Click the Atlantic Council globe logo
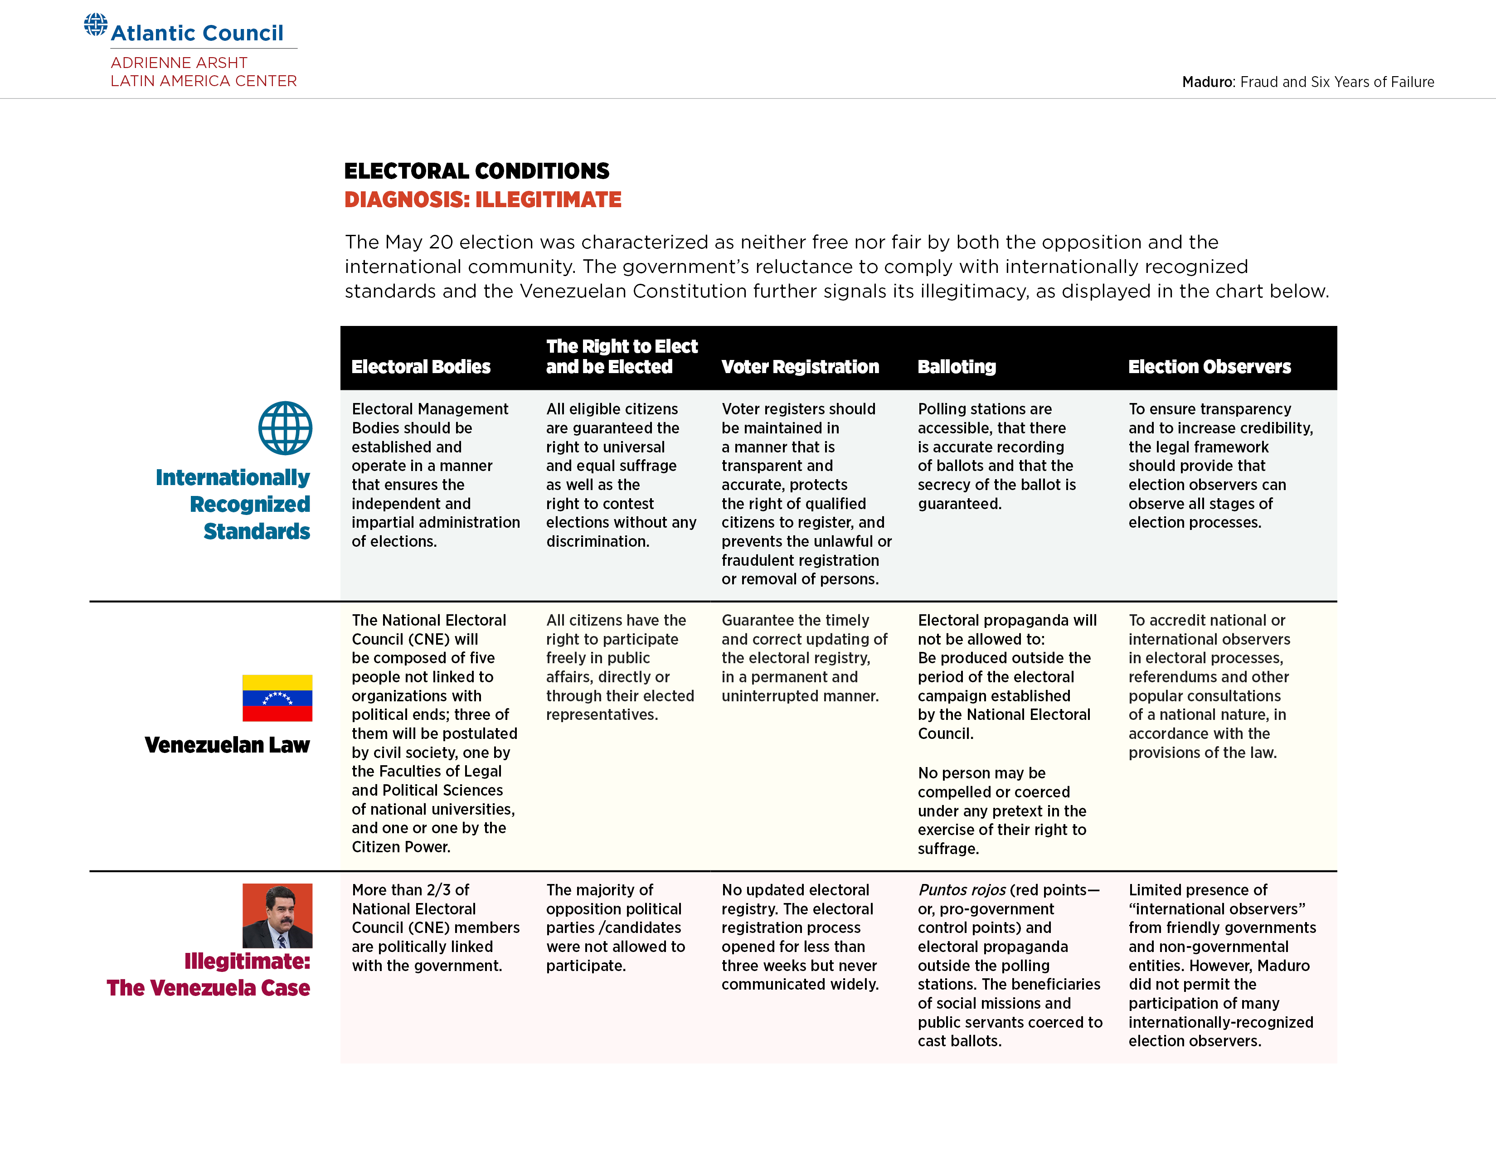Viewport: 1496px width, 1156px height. (95, 24)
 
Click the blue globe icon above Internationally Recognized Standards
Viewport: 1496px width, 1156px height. (285, 428)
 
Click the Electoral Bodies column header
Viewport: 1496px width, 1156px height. (421, 367)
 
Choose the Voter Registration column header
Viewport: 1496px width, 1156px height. (799, 367)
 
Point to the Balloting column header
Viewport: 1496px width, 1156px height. (956, 367)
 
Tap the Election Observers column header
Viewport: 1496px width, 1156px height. (1209, 367)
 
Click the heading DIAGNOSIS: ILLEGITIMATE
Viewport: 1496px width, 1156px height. (482, 200)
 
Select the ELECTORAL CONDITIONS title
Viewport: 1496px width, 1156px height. (476, 170)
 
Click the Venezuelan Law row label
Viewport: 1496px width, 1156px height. (227, 745)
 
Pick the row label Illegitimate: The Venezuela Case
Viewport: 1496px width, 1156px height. (209, 975)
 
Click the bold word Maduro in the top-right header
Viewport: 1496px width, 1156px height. (1207, 82)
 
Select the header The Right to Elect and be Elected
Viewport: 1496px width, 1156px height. (621, 356)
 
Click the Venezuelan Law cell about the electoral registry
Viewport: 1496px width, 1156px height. (803, 658)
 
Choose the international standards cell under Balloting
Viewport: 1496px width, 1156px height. (996, 456)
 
